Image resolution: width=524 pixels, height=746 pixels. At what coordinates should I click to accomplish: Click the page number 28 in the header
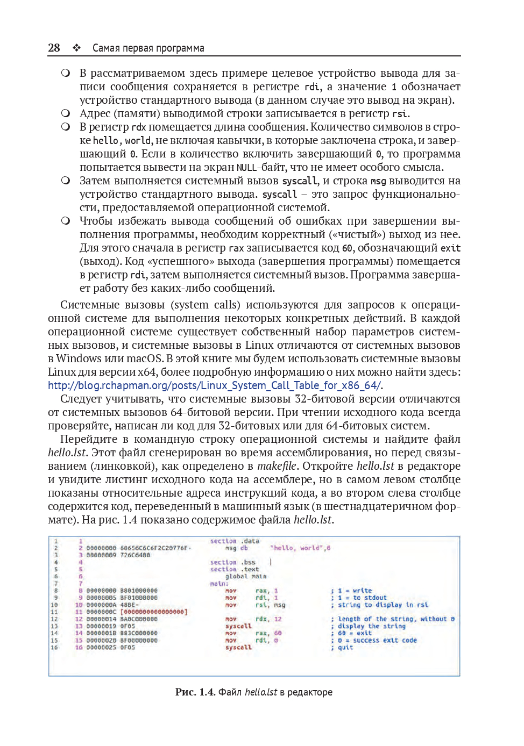click(x=54, y=48)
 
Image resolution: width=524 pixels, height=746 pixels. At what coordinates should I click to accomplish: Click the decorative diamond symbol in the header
click(x=77, y=48)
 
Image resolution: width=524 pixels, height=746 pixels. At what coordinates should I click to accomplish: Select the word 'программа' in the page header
click(x=180, y=48)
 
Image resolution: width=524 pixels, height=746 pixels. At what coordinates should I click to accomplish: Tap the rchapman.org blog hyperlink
click(x=215, y=385)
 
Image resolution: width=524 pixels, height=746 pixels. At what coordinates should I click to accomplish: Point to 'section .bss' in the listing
click(x=232, y=562)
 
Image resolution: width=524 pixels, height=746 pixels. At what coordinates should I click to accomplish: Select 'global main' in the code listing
click(x=245, y=576)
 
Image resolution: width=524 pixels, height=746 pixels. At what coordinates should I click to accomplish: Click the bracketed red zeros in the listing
click(x=154, y=612)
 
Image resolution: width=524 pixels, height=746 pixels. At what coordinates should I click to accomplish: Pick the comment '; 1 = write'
click(x=351, y=591)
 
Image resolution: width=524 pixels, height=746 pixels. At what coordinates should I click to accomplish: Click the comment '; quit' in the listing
click(x=342, y=648)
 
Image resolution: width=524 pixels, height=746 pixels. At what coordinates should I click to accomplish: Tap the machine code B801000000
click(x=139, y=591)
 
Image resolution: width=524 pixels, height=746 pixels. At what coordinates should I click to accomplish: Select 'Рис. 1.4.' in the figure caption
click(x=195, y=692)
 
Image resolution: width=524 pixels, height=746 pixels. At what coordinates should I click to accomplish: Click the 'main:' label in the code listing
click(x=219, y=584)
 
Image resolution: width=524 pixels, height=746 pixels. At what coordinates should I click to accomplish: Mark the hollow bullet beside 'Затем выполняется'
click(x=66, y=181)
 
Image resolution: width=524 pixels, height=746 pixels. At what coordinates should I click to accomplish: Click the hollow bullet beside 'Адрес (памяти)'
click(x=66, y=113)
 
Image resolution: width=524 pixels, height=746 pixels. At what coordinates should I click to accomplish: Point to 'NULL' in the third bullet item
click(x=246, y=168)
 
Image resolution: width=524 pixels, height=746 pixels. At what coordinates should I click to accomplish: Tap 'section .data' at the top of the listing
click(x=234, y=541)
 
